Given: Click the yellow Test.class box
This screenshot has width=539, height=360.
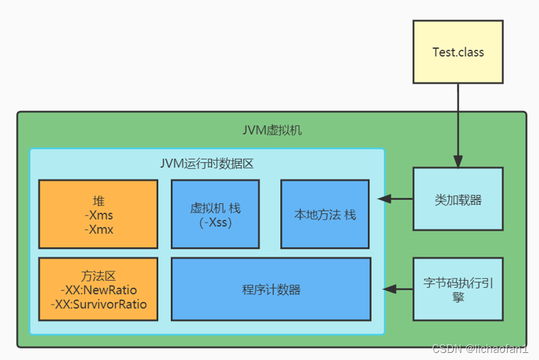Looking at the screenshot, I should click(458, 52).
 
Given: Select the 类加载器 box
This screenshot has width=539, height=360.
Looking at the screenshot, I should click(458, 199).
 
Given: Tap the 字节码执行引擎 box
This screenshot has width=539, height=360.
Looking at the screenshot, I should click(458, 290).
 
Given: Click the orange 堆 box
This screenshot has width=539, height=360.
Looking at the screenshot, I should click(99, 214).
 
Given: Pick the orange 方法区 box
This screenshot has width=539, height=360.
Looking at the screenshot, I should click(99, 289).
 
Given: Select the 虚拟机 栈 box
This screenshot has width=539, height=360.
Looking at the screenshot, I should click(216, 214).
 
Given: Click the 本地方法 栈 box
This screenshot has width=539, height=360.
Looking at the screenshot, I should click(325, 214).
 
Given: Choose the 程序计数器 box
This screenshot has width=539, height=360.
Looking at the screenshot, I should click(271, 289).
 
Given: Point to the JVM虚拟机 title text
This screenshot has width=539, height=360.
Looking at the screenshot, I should click(272, 131).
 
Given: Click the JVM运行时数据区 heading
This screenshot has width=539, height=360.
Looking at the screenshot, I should click(206, 164).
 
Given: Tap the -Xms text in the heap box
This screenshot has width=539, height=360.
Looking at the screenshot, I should click(99, 215).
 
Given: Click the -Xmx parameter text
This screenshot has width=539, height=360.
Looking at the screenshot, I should click(99, 230).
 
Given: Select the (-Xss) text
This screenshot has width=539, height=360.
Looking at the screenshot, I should click(216, 223).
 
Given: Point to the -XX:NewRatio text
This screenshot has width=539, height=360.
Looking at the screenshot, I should click(99, 291).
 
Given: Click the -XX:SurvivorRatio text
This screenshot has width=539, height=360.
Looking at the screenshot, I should click(99, 305).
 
